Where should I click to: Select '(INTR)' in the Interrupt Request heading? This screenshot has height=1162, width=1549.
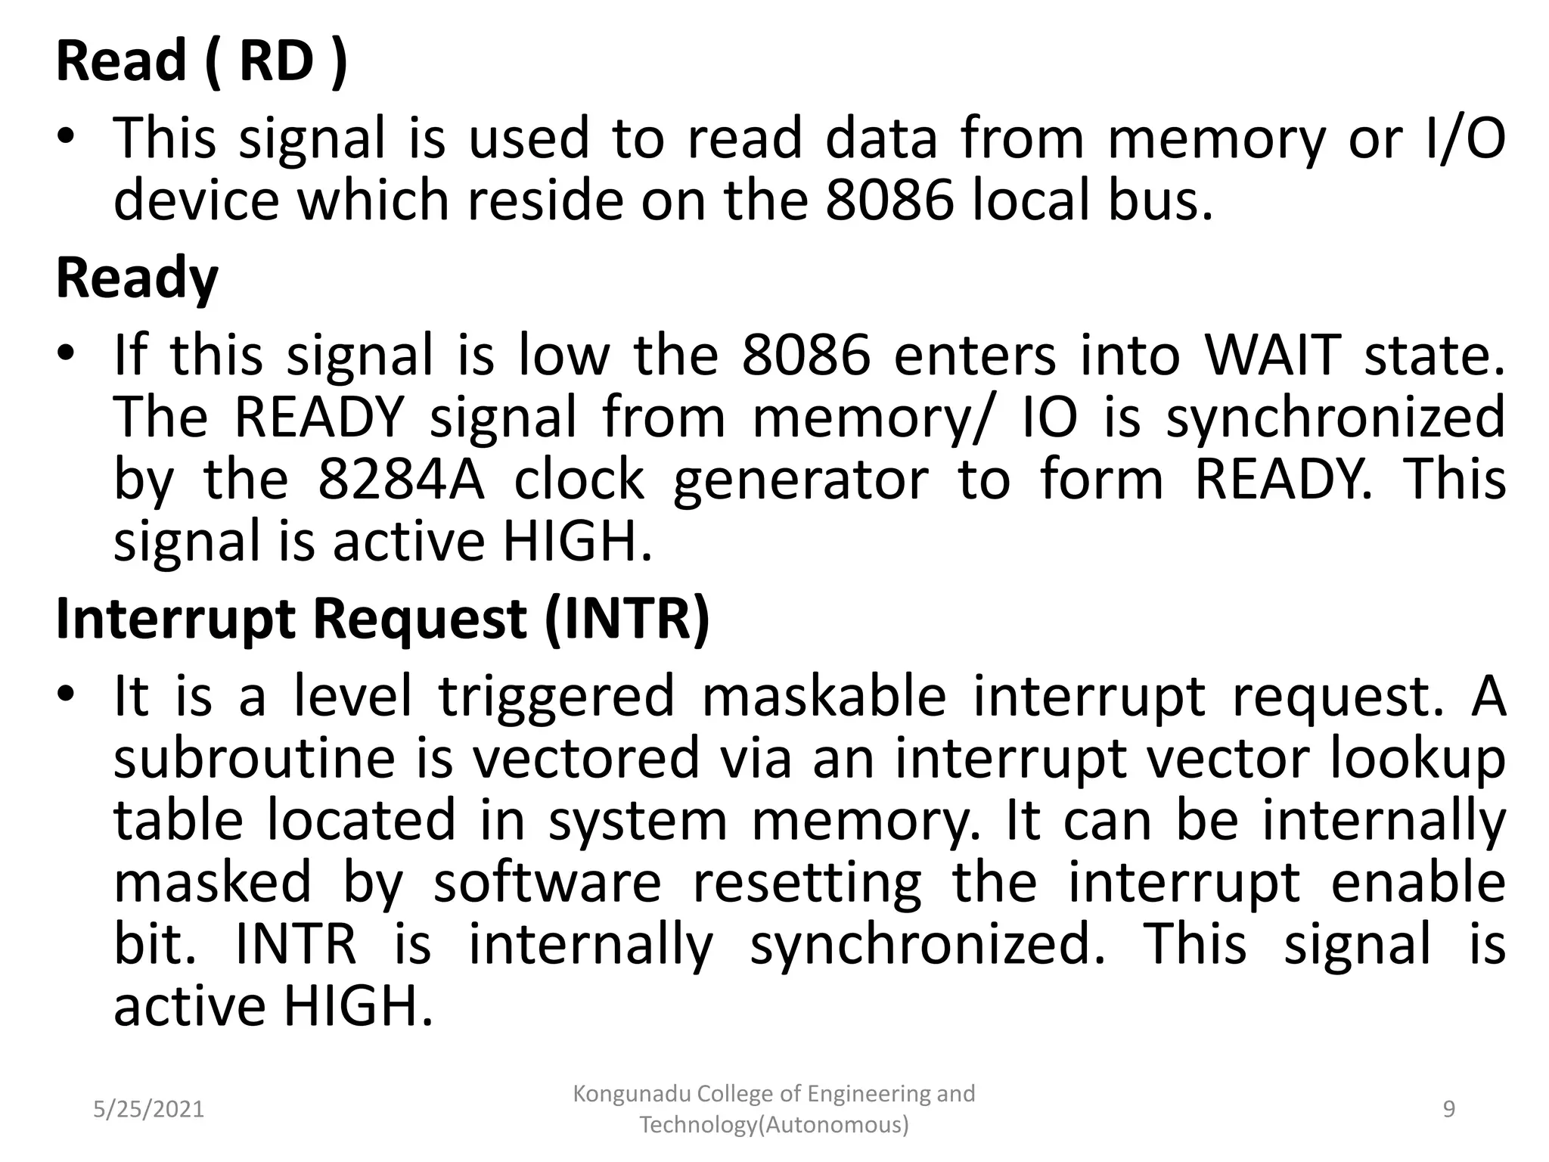click(x=627, y=619)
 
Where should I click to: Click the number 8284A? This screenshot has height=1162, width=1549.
click(x=401, y=480)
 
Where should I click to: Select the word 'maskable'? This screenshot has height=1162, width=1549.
click(x=824, y=695)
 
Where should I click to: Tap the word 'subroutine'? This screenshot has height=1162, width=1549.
click(x=255, y=758)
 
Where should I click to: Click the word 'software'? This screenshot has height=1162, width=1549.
click(x=548, y=883)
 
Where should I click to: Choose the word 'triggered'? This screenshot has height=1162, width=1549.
click(x=557, y=697)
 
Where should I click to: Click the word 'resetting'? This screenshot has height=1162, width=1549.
click(x=808, y=883)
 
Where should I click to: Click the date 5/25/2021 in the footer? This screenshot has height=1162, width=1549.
click(x=149, y=1109)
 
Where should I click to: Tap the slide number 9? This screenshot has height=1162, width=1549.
click(x=1449, y=1109)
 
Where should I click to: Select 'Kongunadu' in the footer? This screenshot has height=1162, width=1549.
click(x=632, y=1093)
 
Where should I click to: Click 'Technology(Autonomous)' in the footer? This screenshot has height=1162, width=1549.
click(x=774, y=1125)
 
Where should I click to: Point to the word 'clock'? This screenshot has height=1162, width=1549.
click(x=579, y=480)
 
